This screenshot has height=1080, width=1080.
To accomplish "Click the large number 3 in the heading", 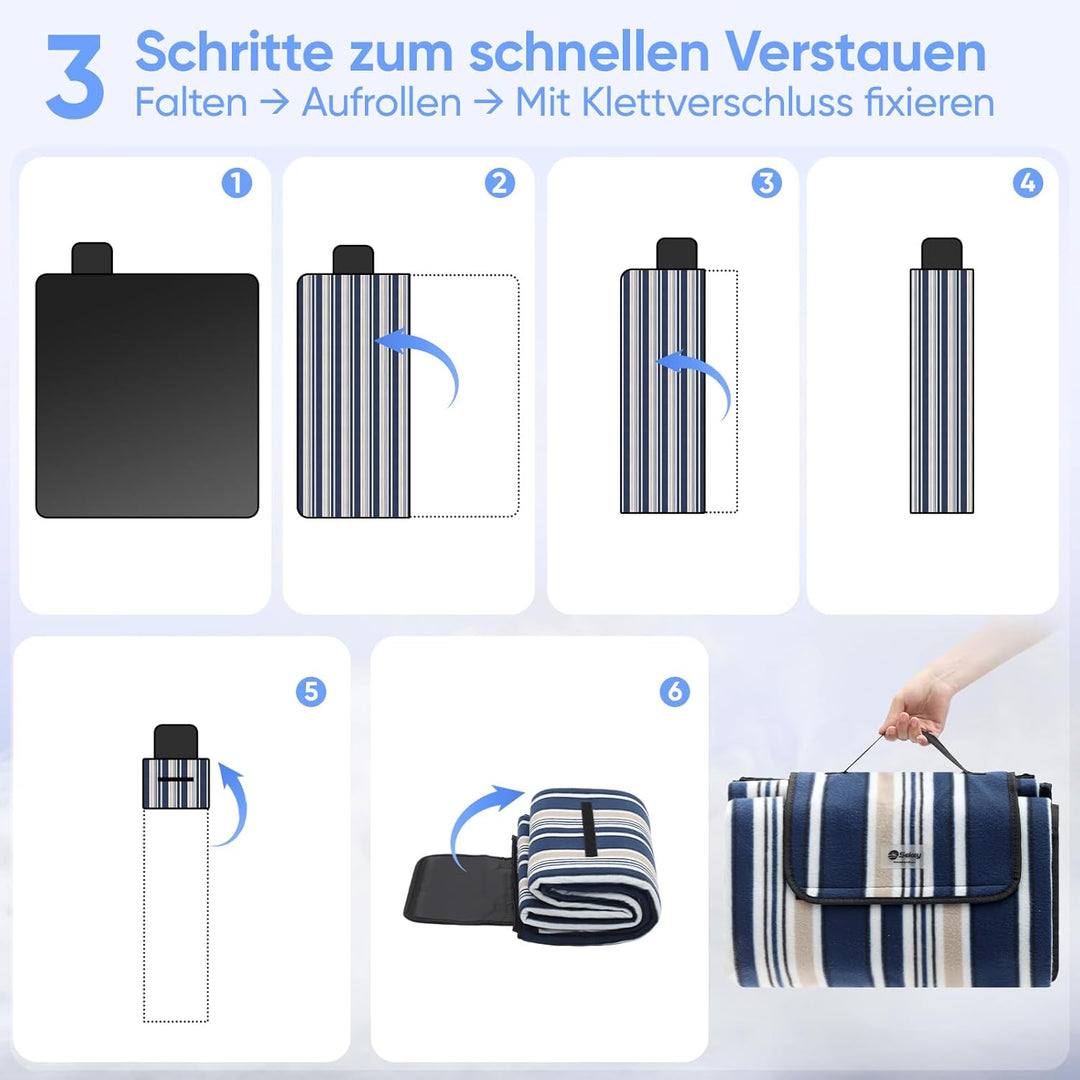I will pos(75,76).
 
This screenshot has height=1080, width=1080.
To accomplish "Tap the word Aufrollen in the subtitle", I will pos(381,102).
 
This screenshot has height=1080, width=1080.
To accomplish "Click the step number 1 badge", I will pos(237,183).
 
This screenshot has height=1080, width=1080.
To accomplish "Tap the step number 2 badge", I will pos(500,183).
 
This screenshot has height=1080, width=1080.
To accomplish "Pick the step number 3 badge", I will pos(766,183).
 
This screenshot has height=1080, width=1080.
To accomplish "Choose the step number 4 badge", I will pos(1027,183).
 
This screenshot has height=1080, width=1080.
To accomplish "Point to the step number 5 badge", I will pos(310,691).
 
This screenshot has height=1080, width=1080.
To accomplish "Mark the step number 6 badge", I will pos(675,691).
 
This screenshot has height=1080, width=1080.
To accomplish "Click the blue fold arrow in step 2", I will pos(424,360).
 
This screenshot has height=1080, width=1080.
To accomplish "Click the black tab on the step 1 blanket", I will pos(92,258).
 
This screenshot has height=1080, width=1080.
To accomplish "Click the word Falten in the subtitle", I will pos(191,102).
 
